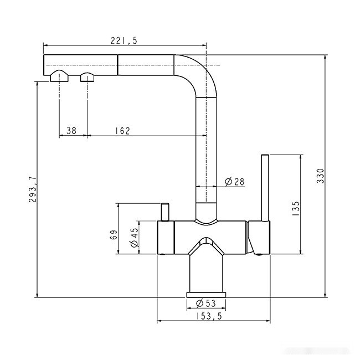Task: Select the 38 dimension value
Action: tap(71, 131)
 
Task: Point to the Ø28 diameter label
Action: tap(234, 181)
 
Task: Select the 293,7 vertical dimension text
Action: tap(32, 189)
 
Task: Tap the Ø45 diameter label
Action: tap(133, 237)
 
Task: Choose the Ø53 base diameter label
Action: tap(206, 302)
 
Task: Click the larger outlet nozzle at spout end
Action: tap(58, 76)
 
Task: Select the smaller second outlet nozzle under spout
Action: tap(88, 76)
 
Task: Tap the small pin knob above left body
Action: tap(165, 212)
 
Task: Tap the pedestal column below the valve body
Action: tap(206, 271)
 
